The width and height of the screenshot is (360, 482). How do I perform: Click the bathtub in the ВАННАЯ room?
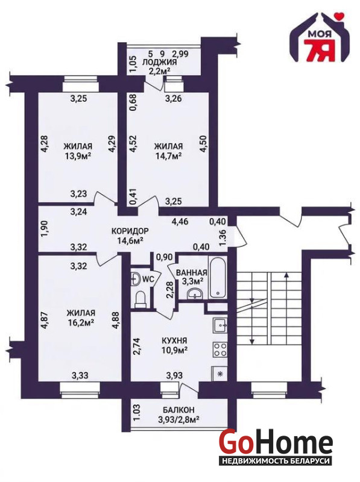(x=218, y=277)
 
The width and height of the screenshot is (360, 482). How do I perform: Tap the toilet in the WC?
(x=141, y=299)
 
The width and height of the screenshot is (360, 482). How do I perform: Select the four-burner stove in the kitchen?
(x=219, y=349)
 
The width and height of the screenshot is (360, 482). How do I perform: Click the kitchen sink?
(x=219, y=325)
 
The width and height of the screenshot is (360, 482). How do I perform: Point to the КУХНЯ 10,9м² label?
(x=174, y=345)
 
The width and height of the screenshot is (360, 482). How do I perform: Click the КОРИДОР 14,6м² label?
(x=130, y=236)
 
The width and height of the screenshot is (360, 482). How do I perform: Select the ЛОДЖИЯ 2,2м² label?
(x=159, y=66)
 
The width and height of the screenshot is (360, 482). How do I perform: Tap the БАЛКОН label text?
(x=178, y=410)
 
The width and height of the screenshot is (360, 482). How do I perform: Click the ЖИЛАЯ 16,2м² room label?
(x=81, y=318)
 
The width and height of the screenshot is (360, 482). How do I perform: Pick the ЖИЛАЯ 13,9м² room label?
(x=78, y=151)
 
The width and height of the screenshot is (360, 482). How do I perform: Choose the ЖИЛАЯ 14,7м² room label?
(x=168, y=151)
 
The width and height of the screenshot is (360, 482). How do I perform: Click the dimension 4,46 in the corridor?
(x=181, y=221)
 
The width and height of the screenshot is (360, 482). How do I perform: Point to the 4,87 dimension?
(x=44, y=321)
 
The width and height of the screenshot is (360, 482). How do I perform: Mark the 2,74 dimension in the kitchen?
(x=137, y=347)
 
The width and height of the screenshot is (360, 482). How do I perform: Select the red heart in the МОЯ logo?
(x=339, y=15)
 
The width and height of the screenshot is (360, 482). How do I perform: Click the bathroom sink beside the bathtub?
(x=194, y=293)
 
